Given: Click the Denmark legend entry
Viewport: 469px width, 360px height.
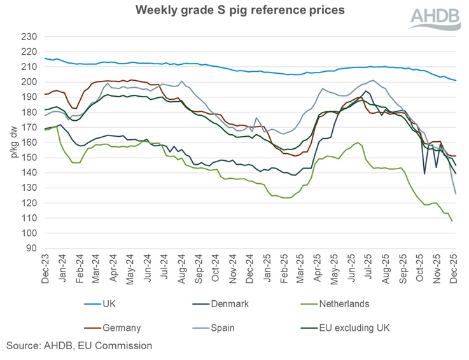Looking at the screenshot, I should coord(227,304).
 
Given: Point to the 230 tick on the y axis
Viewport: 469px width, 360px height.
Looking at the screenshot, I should coord(29,37).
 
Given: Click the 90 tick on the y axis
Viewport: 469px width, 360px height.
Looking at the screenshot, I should coord(32,249).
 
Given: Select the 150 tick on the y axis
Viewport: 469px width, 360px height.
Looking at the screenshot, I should coord(29,158).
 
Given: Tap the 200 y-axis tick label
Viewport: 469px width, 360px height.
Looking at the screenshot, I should coord(29,82).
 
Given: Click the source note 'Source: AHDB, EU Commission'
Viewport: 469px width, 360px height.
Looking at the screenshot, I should coord(80,346).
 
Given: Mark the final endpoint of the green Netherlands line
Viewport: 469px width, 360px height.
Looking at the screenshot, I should coord(452,221).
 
